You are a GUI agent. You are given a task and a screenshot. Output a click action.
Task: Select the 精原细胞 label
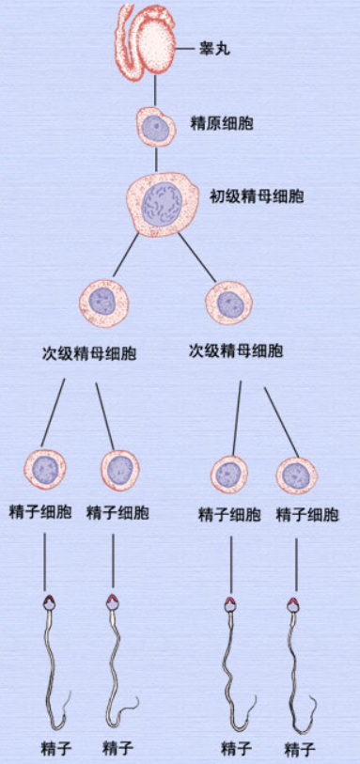click(222, 123)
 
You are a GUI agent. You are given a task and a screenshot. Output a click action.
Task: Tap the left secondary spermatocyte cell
click(102, 301)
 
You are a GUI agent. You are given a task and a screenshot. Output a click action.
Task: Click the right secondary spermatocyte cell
click(229, 303)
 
